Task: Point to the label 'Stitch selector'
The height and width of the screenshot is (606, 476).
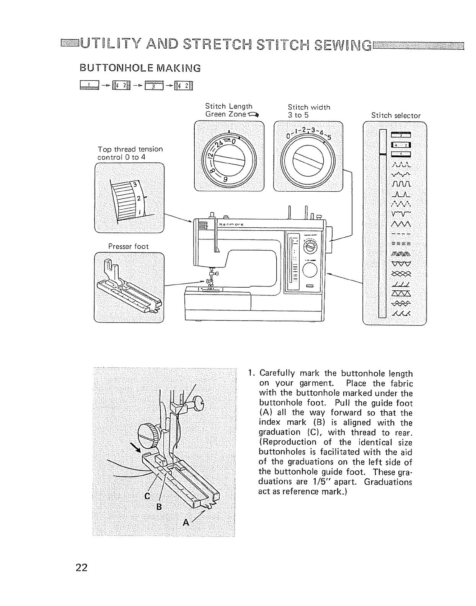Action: [x=396, y=116]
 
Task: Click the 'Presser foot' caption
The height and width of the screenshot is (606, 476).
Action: [x=128, y=247]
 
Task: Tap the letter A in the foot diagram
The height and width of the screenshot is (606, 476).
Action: [x=186, y=523]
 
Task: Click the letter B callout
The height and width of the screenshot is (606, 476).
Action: [x=159, y=507]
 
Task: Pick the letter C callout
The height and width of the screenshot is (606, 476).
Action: [x=147, y=497]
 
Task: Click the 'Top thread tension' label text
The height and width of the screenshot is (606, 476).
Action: [x=130, y=149]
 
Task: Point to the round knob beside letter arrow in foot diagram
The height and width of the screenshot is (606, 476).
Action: [x=148, y=434]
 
